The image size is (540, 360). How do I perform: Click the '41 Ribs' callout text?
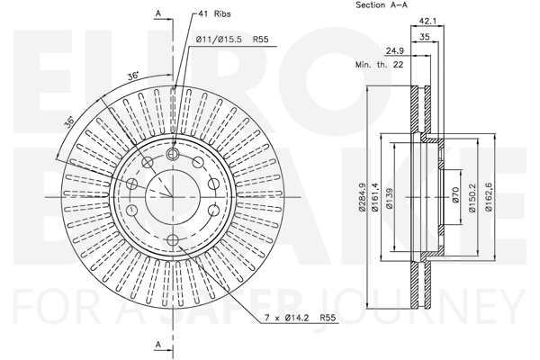[x=215, y=13]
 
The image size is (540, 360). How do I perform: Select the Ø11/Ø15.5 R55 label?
[x=232, y=40]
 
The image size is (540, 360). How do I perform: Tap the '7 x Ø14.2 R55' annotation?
[x=300, y=318]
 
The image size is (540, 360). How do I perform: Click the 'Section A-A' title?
[x=382, y=5]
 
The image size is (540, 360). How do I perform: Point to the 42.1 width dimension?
[x=427, y=22]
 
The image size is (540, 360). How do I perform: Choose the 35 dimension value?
[x=425, y=37]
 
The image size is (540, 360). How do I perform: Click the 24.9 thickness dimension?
[x=395, y=51]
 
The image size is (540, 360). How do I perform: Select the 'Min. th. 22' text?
[x=379, y=65]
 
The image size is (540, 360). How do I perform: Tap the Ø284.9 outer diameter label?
[x=362, y=197]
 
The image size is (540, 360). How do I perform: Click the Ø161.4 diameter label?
[x=375, y=197]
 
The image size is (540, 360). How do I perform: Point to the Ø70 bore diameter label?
[x=454, y=195]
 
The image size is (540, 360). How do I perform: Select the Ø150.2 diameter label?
[x=472, y=197]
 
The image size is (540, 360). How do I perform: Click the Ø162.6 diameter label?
[x=488, y=197]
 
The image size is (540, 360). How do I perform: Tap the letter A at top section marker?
[x=158, y=13]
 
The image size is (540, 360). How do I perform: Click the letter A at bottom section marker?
[x=158, y=344]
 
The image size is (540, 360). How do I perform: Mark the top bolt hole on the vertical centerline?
[x=172, y=154]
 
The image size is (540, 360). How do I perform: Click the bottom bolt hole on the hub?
[x=173, y=240]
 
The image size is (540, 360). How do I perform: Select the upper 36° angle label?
[x=133, y=76]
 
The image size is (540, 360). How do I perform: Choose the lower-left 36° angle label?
[x=69, y=123]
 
